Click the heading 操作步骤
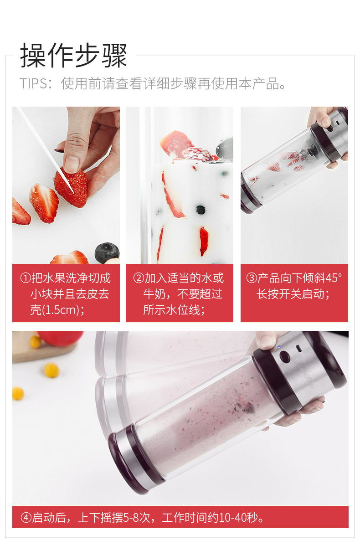(74, 56)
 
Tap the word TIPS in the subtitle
(33, 84)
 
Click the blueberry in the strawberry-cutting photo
(107, 253)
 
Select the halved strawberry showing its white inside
(43, 203)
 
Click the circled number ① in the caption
(26, 278)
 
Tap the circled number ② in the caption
(139, 278)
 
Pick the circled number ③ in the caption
(252, 278)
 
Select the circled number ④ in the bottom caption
(26, 517)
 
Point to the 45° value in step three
(334, 278)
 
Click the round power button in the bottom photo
(285, 356)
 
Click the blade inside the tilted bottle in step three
(309, 152)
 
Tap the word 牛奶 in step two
(154, 294)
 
